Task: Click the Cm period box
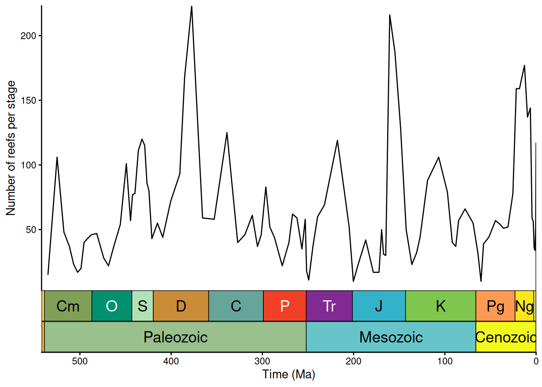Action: click(68, 306)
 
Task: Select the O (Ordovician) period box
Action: click(112, 306)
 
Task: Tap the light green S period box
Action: click(142, 306)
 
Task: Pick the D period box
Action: click(181, 306)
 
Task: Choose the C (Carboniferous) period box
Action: click(236, 306)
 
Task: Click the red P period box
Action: click(285, 306)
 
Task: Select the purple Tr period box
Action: click(329, 306)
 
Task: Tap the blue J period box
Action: click(379, 306)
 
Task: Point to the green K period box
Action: click(440, 306)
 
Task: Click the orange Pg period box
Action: click(495, 306)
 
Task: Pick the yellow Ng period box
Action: click(524, 306)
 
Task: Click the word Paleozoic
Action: click(175, 337)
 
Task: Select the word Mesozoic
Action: click(391, 337)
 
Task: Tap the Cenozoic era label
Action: click(506, 337)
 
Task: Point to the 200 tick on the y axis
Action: click(28, 36)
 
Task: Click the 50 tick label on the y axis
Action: click(31, 230)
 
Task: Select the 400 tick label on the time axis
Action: click(171, 361)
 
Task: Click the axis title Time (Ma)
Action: click(289, 374)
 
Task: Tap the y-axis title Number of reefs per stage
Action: click(11, 148)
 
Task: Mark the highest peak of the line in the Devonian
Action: click(192, 6)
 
